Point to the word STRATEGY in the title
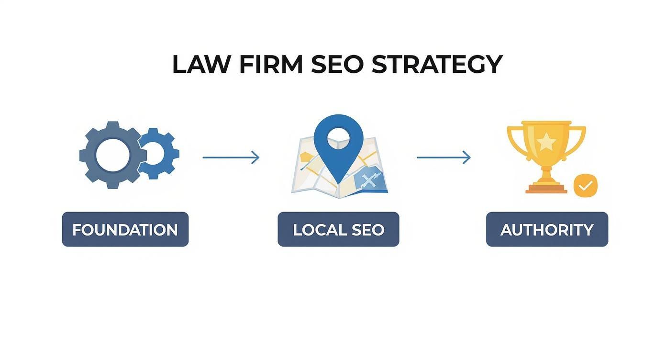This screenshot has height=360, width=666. [437, 65]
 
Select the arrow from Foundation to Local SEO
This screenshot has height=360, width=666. [231, 157]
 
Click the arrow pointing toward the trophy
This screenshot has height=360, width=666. [444, 157]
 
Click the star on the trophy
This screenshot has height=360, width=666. [546, 142]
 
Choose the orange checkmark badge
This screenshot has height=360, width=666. [586, 185]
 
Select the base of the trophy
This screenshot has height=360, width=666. [546, 189]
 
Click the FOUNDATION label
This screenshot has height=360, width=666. [125, 229]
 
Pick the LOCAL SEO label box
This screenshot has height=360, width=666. [338, 229]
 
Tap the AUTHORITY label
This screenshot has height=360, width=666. [547, 229]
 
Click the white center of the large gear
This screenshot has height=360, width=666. [112, 155]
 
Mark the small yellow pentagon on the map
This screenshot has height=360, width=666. [305, 157]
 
